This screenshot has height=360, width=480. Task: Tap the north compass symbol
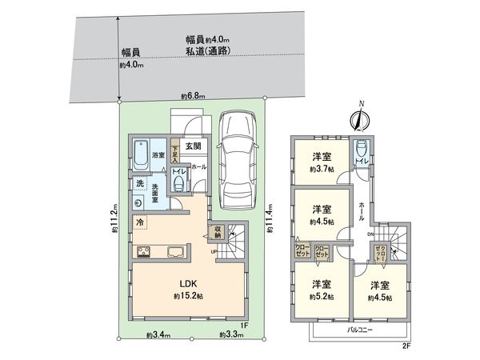pyautogui.click(x=360, y=119)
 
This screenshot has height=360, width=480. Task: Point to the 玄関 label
pyautogui.click(x=193, y=146)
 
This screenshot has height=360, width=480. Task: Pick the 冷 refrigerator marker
pyautogui.click(x=140, y=221)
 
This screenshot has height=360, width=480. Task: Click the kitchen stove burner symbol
pyautogui.click(x=145, y=254)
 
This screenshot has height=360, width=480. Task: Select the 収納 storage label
pyautogui.click(x=215, y=233)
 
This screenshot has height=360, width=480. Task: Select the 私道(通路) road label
pyautogui.click(x=207, y=52)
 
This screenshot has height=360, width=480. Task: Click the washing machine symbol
pyautogui.click(x=139, y=202)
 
